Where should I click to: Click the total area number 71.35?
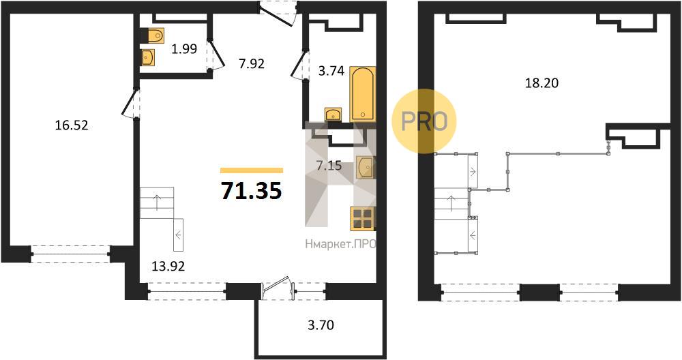(x=252, y=190)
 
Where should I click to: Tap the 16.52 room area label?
(x=72, y=125)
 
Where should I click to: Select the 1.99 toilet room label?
(x=184, y=49)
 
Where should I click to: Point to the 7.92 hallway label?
(x=252, y=64)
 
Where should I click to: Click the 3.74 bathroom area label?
(x=331, y=71)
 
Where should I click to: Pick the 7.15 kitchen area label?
(x=329, y=166)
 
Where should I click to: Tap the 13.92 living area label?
(x=168, y=266)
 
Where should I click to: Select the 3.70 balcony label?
(x=321, y=325)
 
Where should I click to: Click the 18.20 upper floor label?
(x=542, y=82)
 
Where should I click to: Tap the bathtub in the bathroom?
(x=363, y=94)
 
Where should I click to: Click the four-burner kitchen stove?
(x=363, y=218)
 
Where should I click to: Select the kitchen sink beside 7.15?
(x=366, y=168)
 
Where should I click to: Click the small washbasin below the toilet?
(x=148, y=57)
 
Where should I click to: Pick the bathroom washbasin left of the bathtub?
(x=333, y=115)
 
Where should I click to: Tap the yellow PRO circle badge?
(x=424, y=121)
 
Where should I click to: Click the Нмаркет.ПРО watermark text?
(x=340, y=245)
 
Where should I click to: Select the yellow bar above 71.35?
(x=252, y=170)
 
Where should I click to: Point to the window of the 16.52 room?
(x=70, y=254)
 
